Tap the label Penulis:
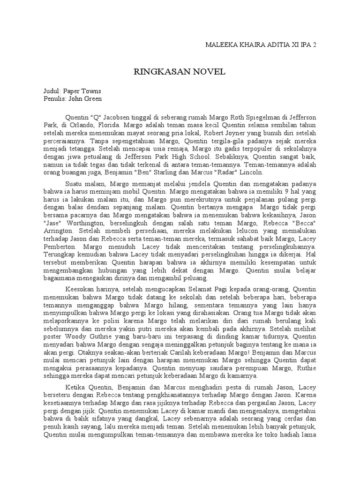[50, 99]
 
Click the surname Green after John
[92, 99]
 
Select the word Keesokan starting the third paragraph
[80, 289]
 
